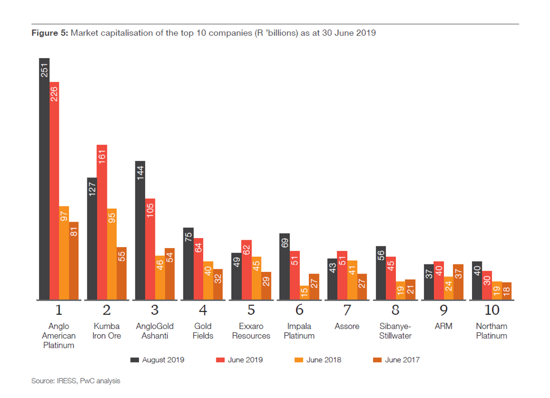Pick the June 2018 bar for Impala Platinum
click(x=304, y=292)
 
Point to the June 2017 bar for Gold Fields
click(x=218, y=284)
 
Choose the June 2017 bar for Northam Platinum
click(x=507, y=291)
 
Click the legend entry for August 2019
click(x=158, y=360)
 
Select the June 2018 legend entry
click(x=319, y=360)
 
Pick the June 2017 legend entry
click(x=397, y=360)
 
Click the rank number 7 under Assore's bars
click(x=347, y=310)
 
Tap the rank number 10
click(x=491, y=310)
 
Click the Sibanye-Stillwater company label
click(x=395, y=331)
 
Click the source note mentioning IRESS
click(x=75, y=381)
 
